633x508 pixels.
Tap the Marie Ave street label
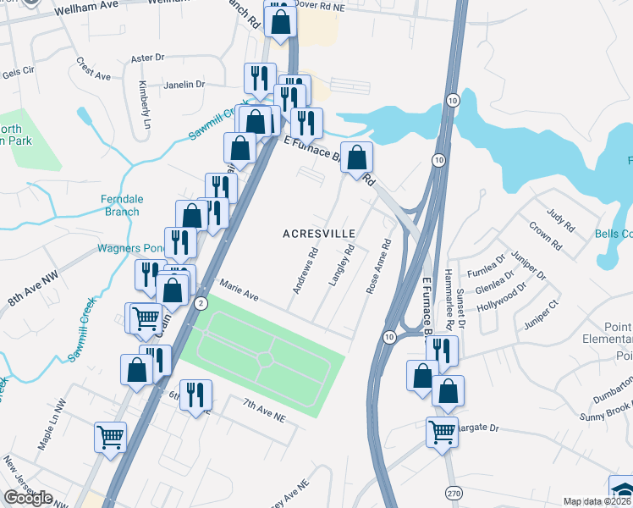pyautogui.click(x=239, y=290)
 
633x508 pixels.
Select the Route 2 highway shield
pyautogui.click(x=201, y=302)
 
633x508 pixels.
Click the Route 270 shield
pyautogui.click(x=454, y=492)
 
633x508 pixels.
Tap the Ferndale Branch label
pyautogui.click(x=123, y=206)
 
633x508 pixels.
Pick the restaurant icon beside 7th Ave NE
pyautogui.click(x=195, y=395)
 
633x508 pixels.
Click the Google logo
pyautogui.click(x=28, y=498)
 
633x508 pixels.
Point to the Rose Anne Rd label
pyautogui.click(x=378, y=266)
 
